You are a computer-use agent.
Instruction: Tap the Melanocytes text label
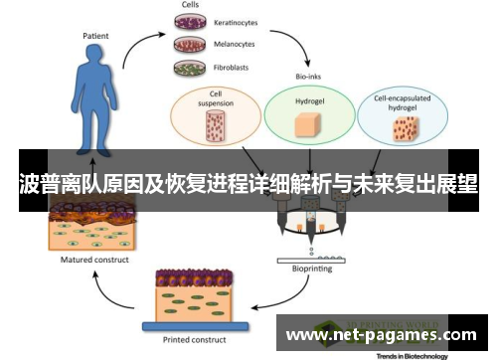point(235,45)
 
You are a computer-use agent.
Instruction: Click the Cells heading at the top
point(190,4)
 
